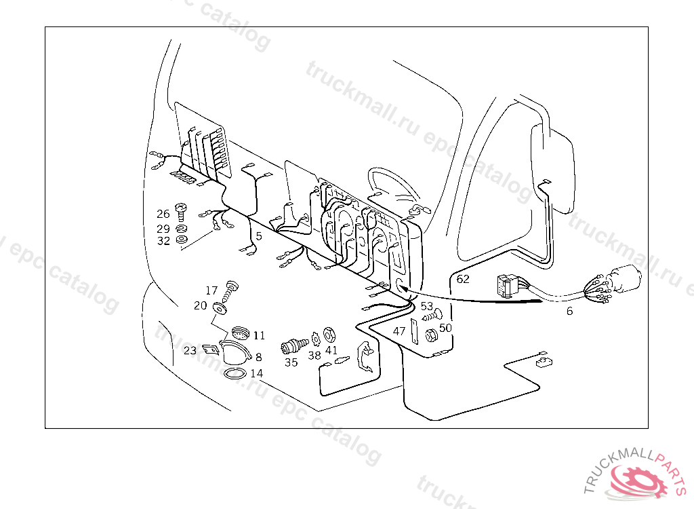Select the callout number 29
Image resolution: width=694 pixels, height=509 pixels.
tap(163, 229)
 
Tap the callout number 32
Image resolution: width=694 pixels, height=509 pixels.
tap(163, 241)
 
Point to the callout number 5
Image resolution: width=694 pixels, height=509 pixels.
tap(259, 236)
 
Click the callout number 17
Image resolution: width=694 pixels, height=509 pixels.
tap(212, 291)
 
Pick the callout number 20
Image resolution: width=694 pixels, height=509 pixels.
tap(200, 306)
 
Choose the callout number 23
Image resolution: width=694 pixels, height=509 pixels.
tap(190, 351)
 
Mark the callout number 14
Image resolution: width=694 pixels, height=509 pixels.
tap(256, 373)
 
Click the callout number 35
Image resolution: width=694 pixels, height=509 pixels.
tap(291, 362)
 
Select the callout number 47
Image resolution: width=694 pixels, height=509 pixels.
tap(399, 332)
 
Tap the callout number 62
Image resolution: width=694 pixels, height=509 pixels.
tap(463, 279)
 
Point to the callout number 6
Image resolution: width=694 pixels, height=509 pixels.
tap(569, 312)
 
